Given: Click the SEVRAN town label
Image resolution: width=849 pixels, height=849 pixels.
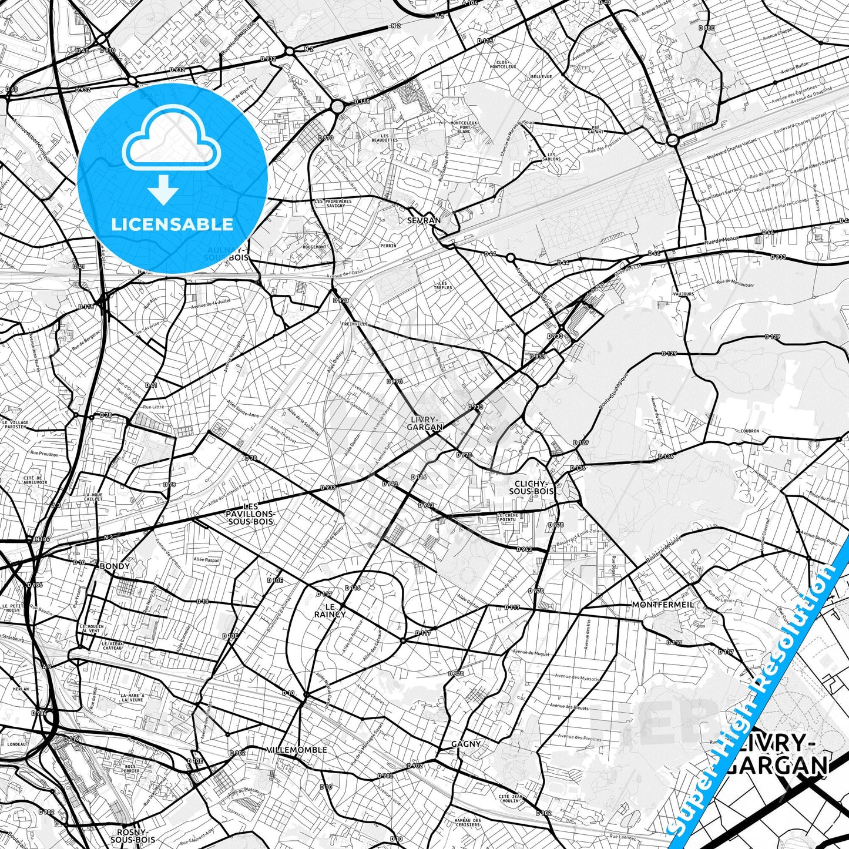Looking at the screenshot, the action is click(424, 220).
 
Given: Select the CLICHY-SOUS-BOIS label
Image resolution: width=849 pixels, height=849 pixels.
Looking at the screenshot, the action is click(531, 486).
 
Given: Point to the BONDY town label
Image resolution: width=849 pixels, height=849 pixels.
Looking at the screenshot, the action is click(115, 566).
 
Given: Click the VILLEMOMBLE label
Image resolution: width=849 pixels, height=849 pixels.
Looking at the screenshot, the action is click(297, 750).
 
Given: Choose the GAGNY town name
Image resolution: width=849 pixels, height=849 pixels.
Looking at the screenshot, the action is click(466, 744).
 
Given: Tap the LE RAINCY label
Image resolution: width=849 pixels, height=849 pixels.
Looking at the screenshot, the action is click(330, 610).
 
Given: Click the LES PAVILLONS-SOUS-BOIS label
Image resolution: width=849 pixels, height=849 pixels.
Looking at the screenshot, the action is click(250, 514).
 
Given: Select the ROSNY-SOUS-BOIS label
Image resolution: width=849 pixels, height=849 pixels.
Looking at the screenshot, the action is click(136, 835).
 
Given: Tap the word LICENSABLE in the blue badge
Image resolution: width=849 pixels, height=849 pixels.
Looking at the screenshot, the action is click(172, 224).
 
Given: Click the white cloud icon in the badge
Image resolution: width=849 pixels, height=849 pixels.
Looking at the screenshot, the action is click(172, 145).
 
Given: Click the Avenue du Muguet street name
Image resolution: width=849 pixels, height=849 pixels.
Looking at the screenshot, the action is click(530, 652).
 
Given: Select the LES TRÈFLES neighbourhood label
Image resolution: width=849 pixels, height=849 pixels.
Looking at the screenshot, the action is click(443, 285).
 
